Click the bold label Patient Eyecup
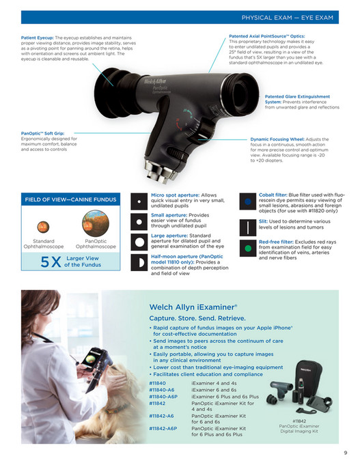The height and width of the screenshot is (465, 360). pos(37,38)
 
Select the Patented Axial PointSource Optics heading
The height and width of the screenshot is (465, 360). pos(267,36)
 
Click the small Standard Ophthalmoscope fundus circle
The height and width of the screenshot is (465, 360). pos(44,224)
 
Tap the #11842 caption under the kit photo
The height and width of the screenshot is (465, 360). pos(299,421)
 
